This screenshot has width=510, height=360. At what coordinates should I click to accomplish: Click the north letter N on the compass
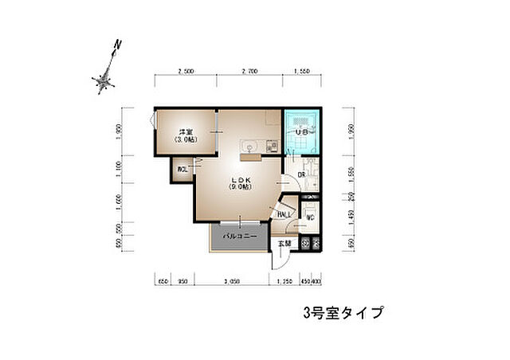tap(117, 45)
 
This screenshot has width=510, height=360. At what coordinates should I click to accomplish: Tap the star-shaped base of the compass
tap(103, 80)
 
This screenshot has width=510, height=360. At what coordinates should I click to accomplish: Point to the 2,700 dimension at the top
tap(249, 72)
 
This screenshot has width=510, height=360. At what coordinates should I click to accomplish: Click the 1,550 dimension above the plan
tap(301, 72)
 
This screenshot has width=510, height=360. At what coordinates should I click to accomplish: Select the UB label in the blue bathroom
tap(303, 132)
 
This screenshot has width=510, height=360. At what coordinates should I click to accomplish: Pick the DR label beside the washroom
tap(302, 175)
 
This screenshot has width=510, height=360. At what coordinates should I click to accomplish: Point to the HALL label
tap(284, 214)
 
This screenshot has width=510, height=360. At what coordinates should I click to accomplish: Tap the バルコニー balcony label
tap(239, 237)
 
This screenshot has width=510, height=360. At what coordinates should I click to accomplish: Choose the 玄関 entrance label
tap(284, 244)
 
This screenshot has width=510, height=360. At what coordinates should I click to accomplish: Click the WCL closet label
tap(182, 169)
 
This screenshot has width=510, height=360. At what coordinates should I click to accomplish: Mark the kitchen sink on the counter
tap(248, 146)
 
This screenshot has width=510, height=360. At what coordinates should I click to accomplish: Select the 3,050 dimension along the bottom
tap(232, 282)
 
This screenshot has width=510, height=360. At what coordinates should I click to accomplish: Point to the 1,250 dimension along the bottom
tap(283, 282)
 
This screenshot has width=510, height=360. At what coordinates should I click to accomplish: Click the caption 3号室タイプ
tap(343, 312)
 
